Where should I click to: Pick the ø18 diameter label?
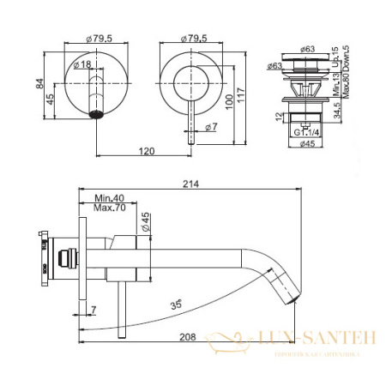[x=83, y=64]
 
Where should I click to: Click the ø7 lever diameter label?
[x=212, y=128]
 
